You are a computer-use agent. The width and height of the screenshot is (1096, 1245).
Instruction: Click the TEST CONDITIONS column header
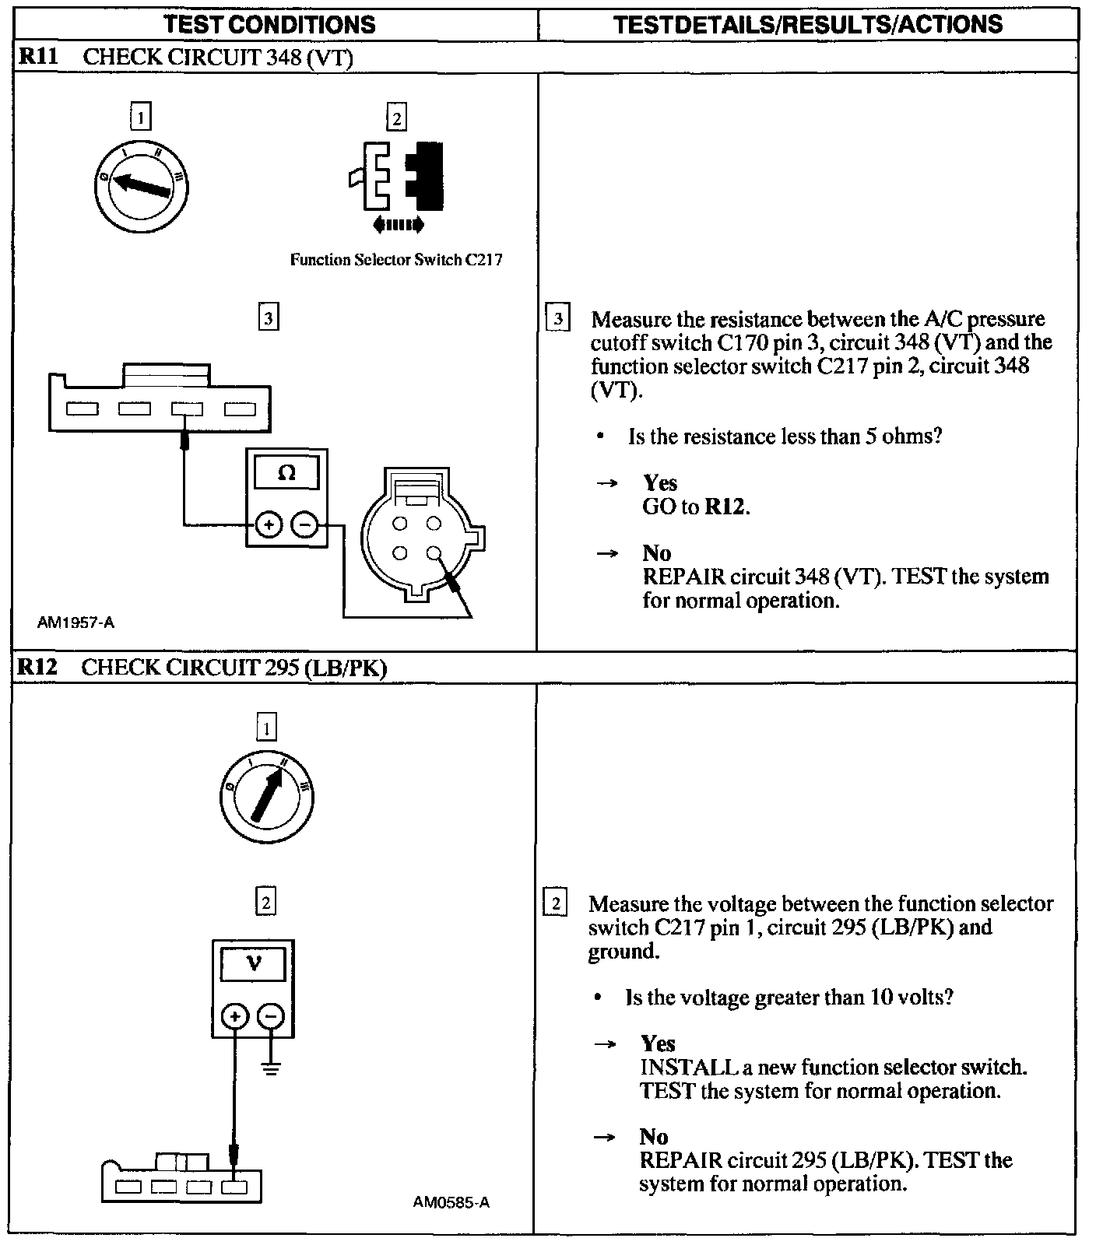(270, 24)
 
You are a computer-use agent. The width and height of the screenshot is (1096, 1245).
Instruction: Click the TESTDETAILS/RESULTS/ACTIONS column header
(808, 24)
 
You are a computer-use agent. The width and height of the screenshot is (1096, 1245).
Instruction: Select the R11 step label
(37, 57)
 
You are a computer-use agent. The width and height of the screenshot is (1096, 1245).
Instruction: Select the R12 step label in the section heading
(36, 667)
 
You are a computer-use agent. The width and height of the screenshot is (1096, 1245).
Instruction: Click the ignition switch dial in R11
(142, 187)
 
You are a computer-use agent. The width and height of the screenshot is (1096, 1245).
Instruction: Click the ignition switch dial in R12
(266, 797)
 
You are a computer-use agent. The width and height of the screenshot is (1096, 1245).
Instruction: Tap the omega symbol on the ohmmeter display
(286, 473)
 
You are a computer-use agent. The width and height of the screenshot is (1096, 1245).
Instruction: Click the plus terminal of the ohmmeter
(269, 525)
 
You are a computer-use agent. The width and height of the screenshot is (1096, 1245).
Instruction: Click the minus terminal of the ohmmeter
(304, 525)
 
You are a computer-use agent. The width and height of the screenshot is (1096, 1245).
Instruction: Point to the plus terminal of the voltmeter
(235, 1016)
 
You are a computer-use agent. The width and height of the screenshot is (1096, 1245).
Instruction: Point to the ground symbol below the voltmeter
(271, 1068)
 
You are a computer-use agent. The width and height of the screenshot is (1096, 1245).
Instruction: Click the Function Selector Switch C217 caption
(395, 260)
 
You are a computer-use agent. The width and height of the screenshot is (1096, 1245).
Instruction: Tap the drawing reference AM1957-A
(76, 622)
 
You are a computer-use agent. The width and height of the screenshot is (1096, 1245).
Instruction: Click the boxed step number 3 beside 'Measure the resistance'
(558, 319)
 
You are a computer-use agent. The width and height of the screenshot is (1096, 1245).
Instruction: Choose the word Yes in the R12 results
(658, 1043)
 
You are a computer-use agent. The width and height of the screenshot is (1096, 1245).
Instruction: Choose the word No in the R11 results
(656, 553)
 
